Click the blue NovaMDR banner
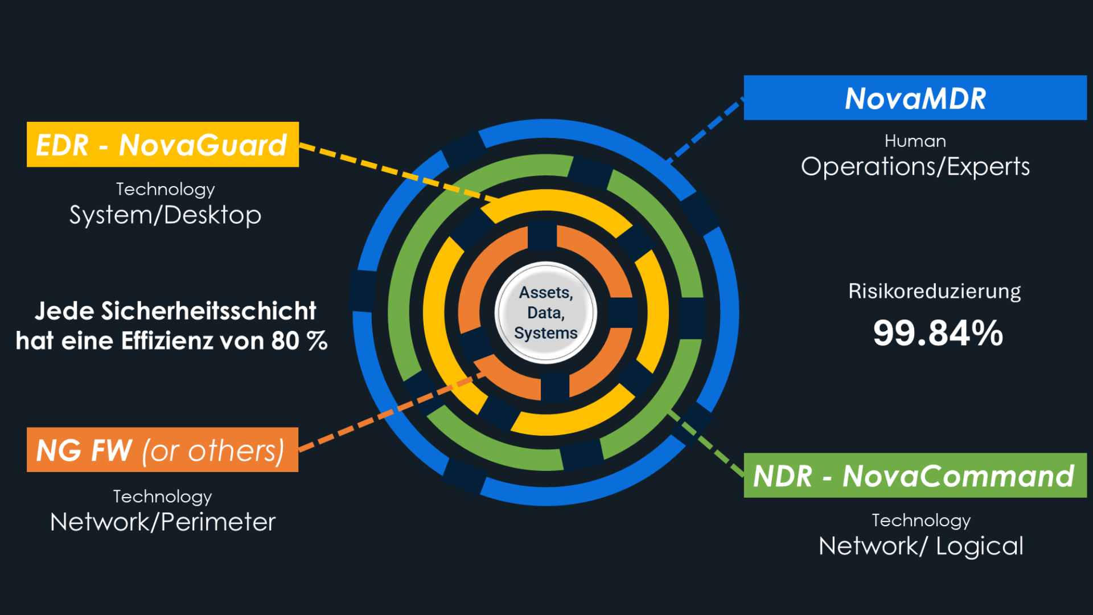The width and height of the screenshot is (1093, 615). pyautogui.click(x=915, y=98)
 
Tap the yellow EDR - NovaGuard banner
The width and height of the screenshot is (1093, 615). pyautogui.click(x=162, y=145)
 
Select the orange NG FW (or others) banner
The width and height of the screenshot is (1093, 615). pyautogui.click(x=162, y=450)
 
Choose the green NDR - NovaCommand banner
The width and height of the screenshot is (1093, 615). pyautogui.click(x=915, y=475)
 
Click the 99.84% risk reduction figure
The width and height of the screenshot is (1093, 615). pyautogui.click(x=938, y=333)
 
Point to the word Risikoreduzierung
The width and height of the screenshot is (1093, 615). pyautogui.click(x=934, y=291)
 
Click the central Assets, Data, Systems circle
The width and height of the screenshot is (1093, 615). pyautogui.click(x=546, y=313)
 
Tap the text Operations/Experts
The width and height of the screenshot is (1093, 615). pyautogui.click(x=915, y=167)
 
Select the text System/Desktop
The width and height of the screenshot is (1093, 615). pyautogui.click(x=165, y=215)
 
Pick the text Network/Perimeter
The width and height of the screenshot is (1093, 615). pyautogui.click(x=163, y=522)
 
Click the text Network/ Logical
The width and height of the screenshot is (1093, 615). pyautogui.click(x=921, y=546)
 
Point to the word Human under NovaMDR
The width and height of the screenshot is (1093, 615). pyautogui.click(x=915, y=141)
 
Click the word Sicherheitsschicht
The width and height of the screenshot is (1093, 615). pyautogui.click(x=208, y=311)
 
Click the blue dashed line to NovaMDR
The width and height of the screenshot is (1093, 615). pyautogui.click(x=706, y=131)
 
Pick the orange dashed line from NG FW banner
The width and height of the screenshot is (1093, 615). pyautogui.click(x=387, y=413)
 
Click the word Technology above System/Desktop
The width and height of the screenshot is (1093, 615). pyautogui.click(x=165, y=189)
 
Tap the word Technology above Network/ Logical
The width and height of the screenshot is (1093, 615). pyautogui.click(x=921, y=520)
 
